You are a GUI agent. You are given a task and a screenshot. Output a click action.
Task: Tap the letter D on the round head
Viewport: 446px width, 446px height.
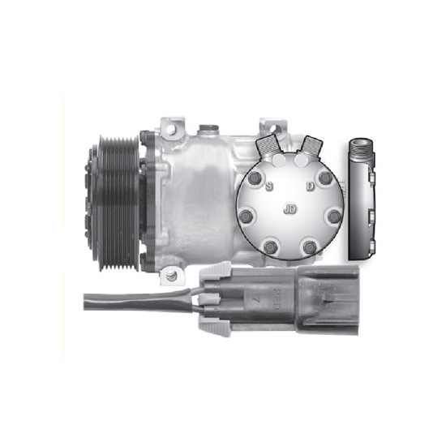click(310, 186)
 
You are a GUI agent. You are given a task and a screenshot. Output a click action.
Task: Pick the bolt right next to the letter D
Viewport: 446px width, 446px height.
click(324, 178)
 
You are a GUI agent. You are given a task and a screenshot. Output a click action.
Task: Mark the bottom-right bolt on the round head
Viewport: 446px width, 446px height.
click(309, 247)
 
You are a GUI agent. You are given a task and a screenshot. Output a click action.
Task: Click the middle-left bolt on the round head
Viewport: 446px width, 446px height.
click(249, 216)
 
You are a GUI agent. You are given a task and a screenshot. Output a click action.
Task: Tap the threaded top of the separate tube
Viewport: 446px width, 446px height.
click(360, 150)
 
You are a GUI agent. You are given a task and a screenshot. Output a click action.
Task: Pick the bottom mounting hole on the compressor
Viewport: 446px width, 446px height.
click(170, 274)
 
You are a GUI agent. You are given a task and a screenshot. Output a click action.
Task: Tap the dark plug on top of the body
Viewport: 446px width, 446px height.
click(208, 128)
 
